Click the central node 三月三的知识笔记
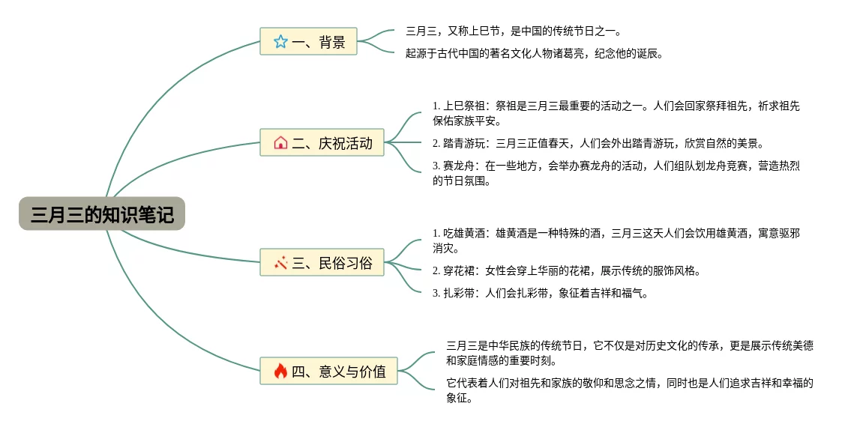click(x=102, y=215)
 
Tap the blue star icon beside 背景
click(x=280, y=42)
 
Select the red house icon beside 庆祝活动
click(x=280, y=142)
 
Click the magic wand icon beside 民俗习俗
click(x=280, y=262)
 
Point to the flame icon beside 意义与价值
click(x=280, y=371)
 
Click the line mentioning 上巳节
click(x=513, y=31)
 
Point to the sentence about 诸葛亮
click(x=534, y=53)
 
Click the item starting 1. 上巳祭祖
click(x=621, y=113)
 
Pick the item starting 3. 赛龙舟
click(x=616, y=173)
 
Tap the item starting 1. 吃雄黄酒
click(x=616, y=240)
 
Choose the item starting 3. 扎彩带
click(x=539, y=293)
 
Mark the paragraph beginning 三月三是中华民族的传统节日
click(x=629, y=353)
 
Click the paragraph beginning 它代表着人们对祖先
click(x=629, y=390)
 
